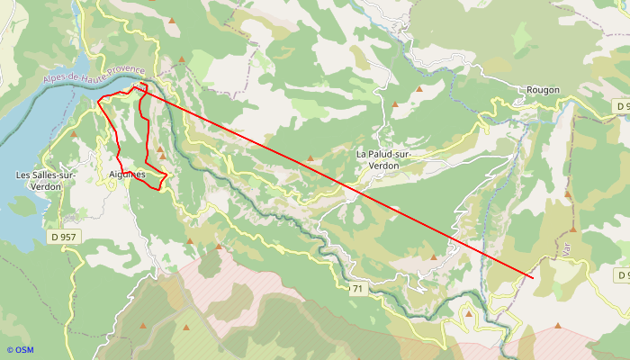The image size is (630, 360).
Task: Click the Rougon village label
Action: (x=544, y=90)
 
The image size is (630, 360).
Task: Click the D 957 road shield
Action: (x=65, y=237)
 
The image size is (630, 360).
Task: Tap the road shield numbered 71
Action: (x=357, y=288)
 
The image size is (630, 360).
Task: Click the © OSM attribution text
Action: (x=20, y=349)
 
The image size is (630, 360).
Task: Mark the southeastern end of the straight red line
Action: (x=534, y=278)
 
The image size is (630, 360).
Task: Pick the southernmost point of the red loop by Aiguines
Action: (x=159, y=189)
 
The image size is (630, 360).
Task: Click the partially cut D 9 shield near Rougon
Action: (x=622, y=106)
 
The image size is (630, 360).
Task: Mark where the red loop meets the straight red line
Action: (x=141, y=85)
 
